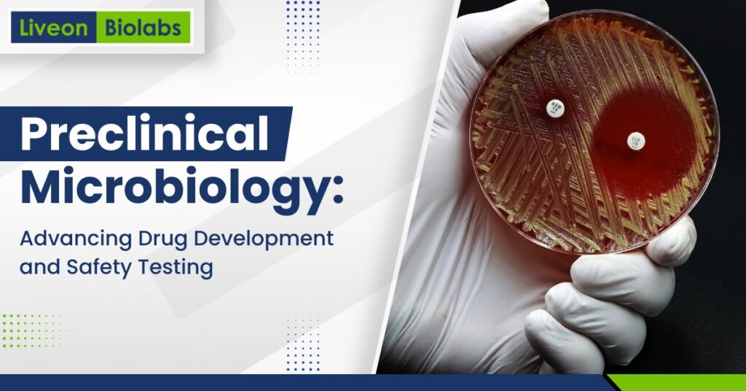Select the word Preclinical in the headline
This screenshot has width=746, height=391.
click(x=144, y=136)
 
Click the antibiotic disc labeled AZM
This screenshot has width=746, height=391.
click(x=557, y=109)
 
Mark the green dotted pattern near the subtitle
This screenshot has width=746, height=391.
click(x=36, y=328)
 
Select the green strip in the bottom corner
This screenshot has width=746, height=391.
click(x=678, y=383)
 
